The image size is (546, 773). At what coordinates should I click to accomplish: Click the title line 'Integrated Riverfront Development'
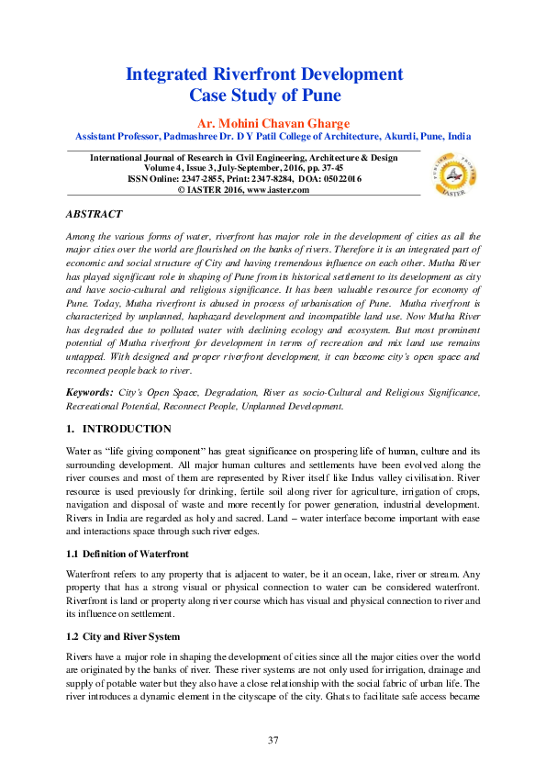point(264,73)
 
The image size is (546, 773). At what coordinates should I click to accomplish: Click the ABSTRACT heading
point(94,214)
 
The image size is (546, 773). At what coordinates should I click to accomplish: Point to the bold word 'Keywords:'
point(89,392)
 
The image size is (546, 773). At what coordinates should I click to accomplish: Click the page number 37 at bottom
point(273,740)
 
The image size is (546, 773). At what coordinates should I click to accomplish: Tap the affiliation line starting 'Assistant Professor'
point(273,135)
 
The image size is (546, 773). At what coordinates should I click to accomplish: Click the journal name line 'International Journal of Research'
point(243,158)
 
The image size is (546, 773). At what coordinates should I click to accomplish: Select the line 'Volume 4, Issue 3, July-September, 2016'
point(243,168)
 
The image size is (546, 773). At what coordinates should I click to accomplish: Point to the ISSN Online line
point(243,179)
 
